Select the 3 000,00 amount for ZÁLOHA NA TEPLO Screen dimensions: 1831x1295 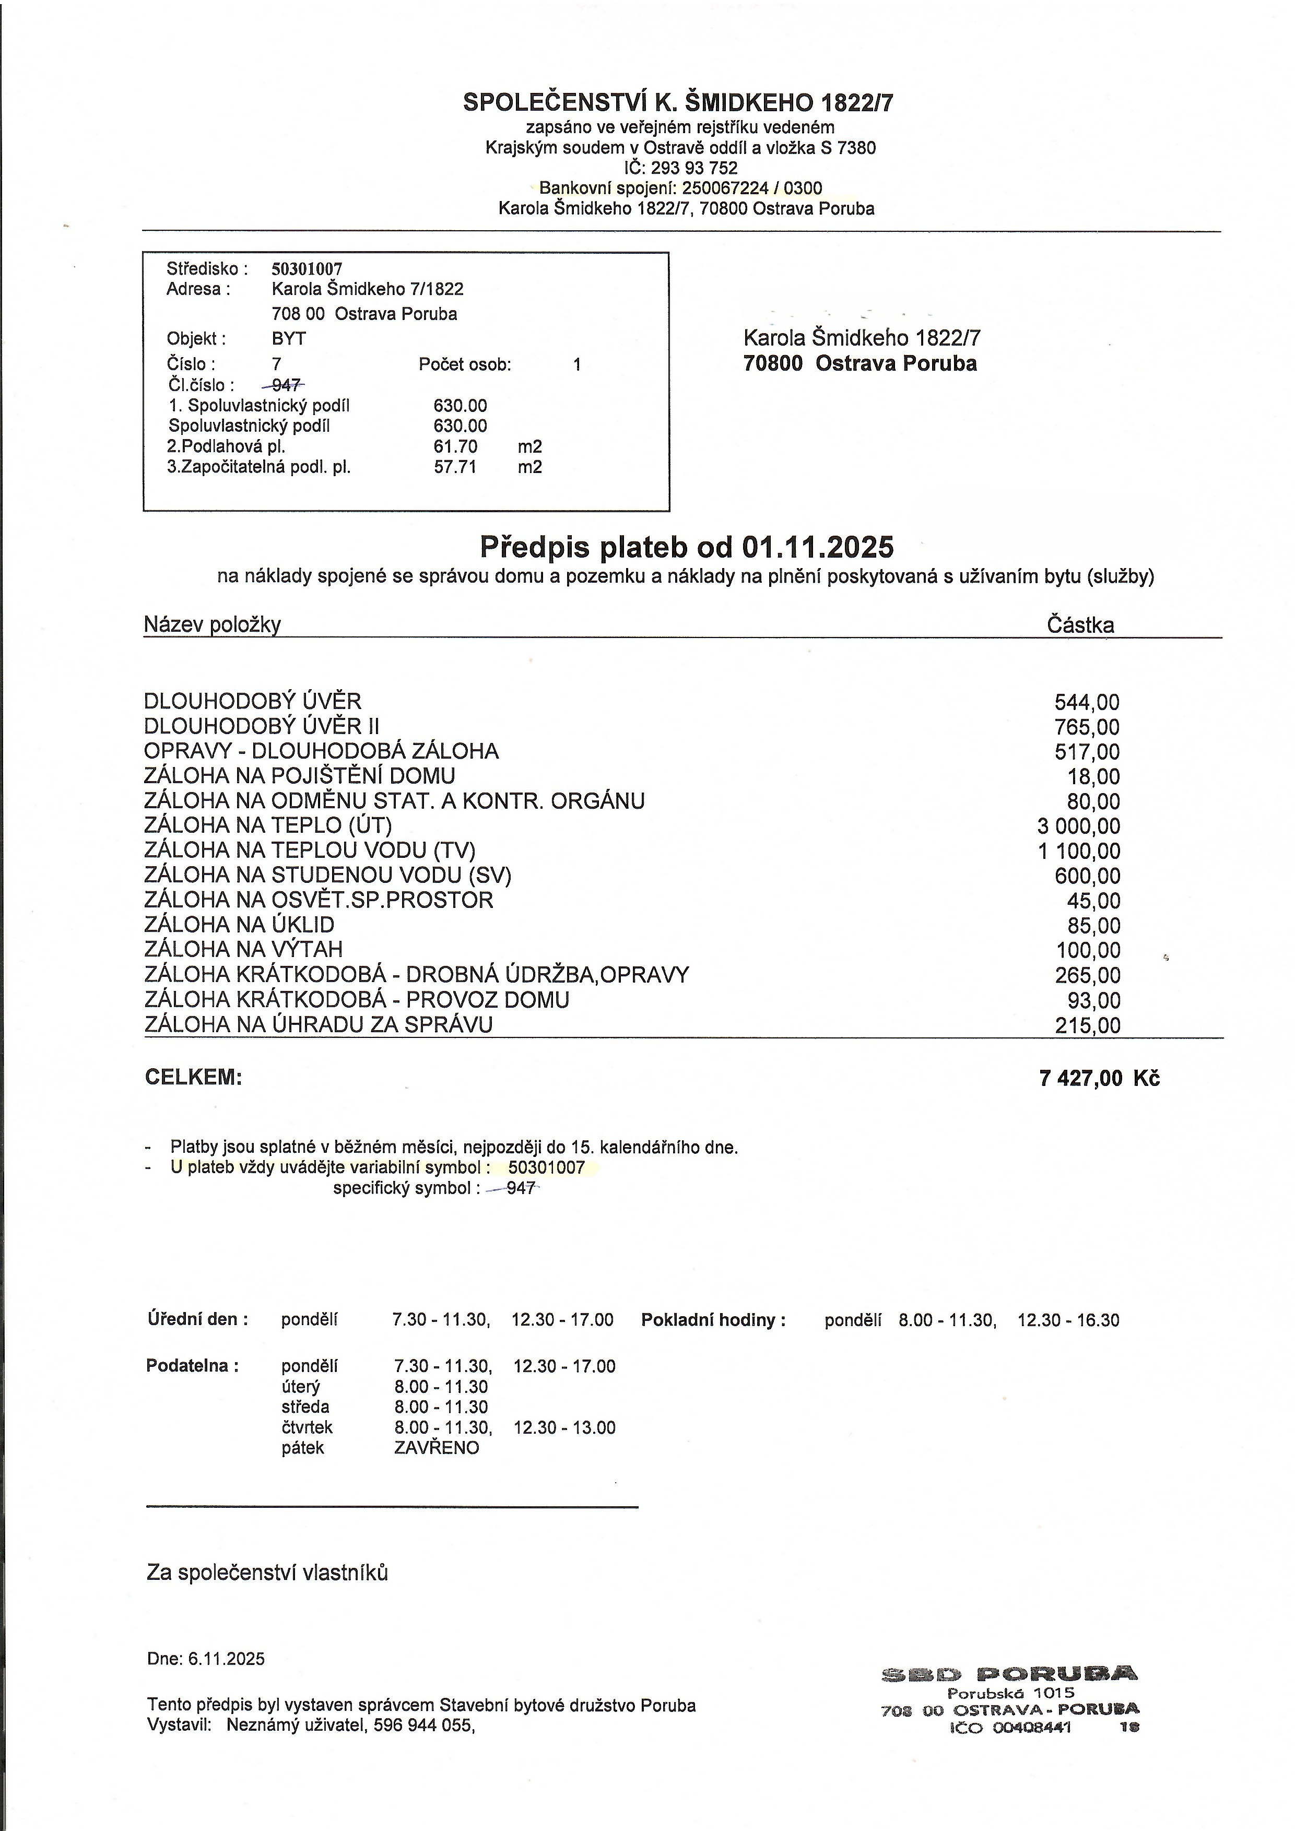[1078, 826]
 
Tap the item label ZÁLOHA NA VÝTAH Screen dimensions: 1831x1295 [243, 949]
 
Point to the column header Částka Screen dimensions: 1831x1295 [1080, 625]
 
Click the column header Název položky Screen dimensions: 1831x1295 [212, 624]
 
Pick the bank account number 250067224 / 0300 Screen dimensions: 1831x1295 [751, 188]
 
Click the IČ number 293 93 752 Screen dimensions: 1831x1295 [694, 168]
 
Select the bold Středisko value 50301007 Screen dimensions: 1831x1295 [307, 269]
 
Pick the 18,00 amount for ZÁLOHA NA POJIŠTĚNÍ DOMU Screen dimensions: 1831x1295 [1093, 777]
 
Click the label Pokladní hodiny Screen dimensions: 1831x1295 [713, 1320]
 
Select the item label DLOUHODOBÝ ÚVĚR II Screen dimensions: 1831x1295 [262, 726]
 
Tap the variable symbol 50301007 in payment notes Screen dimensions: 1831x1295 [546, 1167]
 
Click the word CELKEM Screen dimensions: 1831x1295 [193, 1078]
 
